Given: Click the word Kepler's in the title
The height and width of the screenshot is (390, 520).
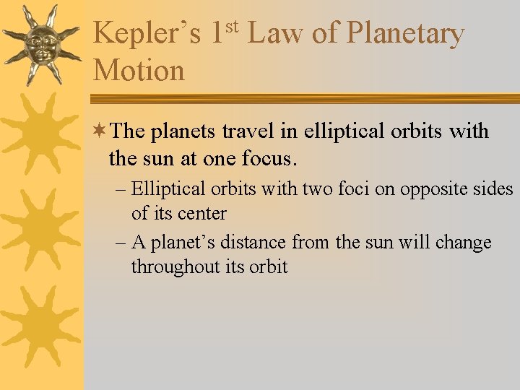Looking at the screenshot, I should [147, 33].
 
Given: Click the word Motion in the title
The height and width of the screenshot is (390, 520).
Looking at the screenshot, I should [139, 71].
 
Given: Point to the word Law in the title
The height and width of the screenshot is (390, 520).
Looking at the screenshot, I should [275, 33].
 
